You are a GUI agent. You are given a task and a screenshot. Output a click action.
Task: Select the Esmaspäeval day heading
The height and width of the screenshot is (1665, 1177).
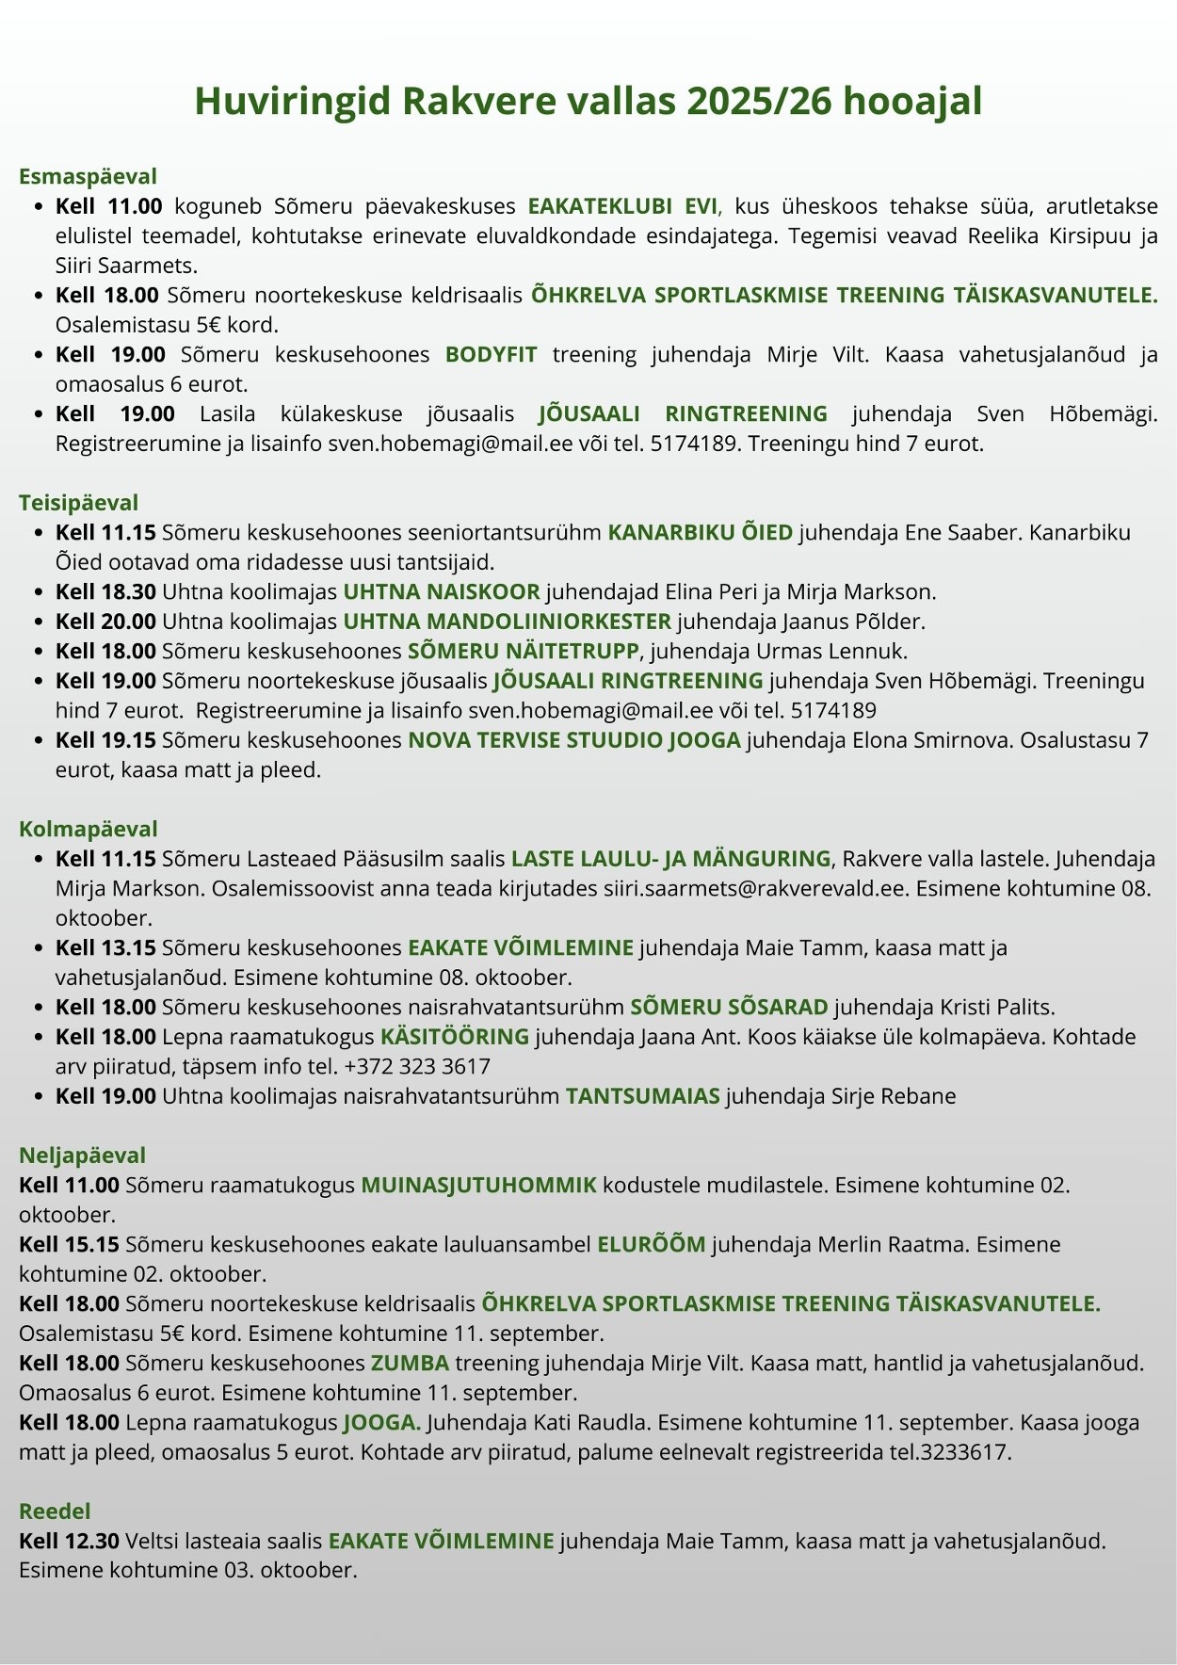88,176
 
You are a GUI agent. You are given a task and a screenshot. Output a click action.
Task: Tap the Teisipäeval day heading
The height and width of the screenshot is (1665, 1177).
78,503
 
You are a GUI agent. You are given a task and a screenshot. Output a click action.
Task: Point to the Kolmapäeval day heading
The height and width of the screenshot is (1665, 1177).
88,829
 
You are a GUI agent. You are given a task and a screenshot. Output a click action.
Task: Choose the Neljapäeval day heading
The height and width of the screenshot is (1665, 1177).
82,1156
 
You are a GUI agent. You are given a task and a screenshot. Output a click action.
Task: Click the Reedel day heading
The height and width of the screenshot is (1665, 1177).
55,1511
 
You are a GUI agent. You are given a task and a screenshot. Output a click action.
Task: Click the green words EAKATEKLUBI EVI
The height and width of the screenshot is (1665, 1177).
622,206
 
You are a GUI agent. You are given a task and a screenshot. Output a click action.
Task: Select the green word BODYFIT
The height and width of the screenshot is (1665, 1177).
491,354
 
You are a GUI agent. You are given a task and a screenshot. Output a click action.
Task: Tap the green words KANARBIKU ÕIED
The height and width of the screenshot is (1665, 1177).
700,533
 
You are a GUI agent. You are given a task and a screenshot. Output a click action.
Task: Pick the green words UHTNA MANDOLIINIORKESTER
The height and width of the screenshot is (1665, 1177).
507,622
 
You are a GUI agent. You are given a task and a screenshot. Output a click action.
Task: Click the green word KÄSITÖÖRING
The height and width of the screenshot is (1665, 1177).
454,1037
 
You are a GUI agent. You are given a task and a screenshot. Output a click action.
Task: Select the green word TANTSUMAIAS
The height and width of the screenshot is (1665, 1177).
642,1096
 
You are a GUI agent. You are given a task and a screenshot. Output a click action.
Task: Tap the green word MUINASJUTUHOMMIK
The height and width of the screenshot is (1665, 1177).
478,1185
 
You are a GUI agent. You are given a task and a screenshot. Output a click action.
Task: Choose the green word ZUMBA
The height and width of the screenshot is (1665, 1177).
409,1363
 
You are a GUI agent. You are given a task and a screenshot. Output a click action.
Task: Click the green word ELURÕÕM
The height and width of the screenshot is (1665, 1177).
651,1244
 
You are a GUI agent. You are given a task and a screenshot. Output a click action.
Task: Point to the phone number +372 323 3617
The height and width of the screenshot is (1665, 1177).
417,1067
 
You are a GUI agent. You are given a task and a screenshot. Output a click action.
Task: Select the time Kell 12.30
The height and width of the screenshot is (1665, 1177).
69,1541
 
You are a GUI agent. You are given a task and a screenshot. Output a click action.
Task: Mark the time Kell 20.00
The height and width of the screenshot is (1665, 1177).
105,622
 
